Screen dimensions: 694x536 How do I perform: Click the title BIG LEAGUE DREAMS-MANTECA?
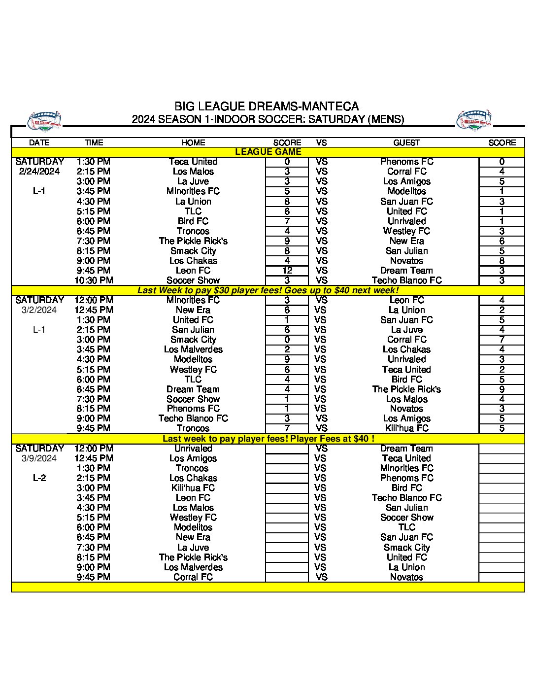click(267, 106)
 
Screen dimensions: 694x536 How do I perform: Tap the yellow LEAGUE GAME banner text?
click(268, 152)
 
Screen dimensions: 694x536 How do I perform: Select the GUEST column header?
click(406, 142)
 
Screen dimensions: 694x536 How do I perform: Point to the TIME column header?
click(94, 142)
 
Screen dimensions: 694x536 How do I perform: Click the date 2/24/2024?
click(39, 172)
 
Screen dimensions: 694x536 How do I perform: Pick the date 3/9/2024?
click(39, 458)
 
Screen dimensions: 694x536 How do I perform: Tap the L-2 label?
click(39, 478)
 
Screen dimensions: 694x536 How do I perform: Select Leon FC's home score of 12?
click(287, 271)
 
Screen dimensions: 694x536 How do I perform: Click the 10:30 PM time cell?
click(94, 280)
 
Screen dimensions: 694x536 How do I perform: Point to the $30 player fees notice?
click(268, 290)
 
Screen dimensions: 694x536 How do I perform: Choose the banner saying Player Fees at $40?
click(268, 439)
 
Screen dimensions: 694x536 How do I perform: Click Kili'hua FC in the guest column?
click(406, 428)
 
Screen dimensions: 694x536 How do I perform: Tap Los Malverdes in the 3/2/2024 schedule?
click(193, 349)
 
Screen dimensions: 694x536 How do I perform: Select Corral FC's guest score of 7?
click(502, 340)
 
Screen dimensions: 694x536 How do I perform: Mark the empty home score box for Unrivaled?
click(287, 449)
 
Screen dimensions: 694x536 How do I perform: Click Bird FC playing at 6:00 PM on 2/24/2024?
click(193, 221)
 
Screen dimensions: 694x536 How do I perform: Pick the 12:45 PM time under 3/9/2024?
click(94, 458)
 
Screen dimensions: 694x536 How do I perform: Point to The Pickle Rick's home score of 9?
click(287, 241)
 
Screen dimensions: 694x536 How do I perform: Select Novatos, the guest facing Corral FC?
click(406, 577)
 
